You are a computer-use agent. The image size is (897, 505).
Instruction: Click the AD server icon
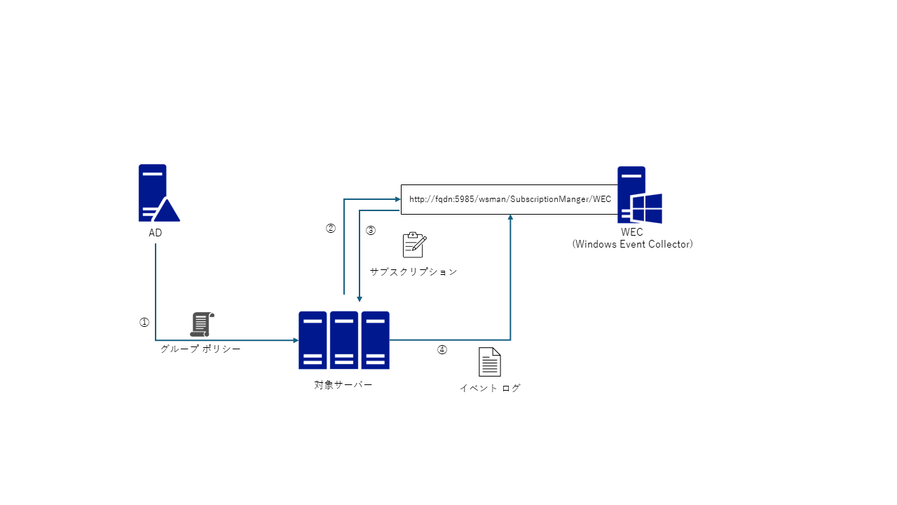[x=159, y=193]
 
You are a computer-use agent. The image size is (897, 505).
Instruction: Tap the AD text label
[x=156, y=233]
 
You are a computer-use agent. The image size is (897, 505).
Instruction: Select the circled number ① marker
[x=144, y=322]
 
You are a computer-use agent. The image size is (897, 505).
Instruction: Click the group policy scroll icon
[x=202, y=324]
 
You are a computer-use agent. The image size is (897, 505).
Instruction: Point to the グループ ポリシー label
[x=200, y=349]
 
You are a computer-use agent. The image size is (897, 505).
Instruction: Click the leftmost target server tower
[x=313, y=340]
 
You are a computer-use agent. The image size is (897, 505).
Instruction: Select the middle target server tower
[x=344, y=340]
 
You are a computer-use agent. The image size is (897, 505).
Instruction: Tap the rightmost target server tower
[x=375, y=340]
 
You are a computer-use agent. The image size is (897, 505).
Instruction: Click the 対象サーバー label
[x=343, y=385]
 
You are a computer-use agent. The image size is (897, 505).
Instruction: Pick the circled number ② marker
[x=330, y=228]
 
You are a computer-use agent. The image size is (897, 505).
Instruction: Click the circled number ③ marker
[x=371, y=231]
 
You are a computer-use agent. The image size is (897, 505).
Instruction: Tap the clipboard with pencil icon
[x=414, y=245]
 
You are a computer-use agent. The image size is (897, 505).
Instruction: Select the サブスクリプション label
[x=413, y=271]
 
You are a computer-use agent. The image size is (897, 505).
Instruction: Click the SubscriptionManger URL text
[x=510, y=199]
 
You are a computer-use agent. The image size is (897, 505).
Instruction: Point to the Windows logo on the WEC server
[x=647, y=208]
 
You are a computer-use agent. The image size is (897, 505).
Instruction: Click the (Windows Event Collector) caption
[x=632, y=244]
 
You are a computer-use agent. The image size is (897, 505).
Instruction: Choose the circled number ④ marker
[x=441, y=350]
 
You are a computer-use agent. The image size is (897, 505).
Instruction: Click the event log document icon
[x=490, y=362]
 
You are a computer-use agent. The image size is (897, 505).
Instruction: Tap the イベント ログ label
[x=490, y=388]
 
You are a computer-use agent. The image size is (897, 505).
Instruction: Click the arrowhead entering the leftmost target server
[x=296, y=340]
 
